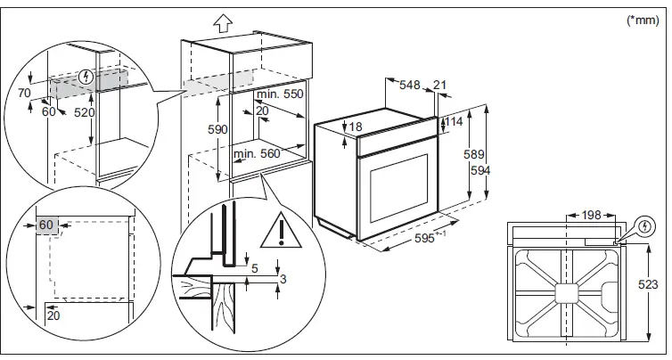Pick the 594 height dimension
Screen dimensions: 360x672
coord(479,168)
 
